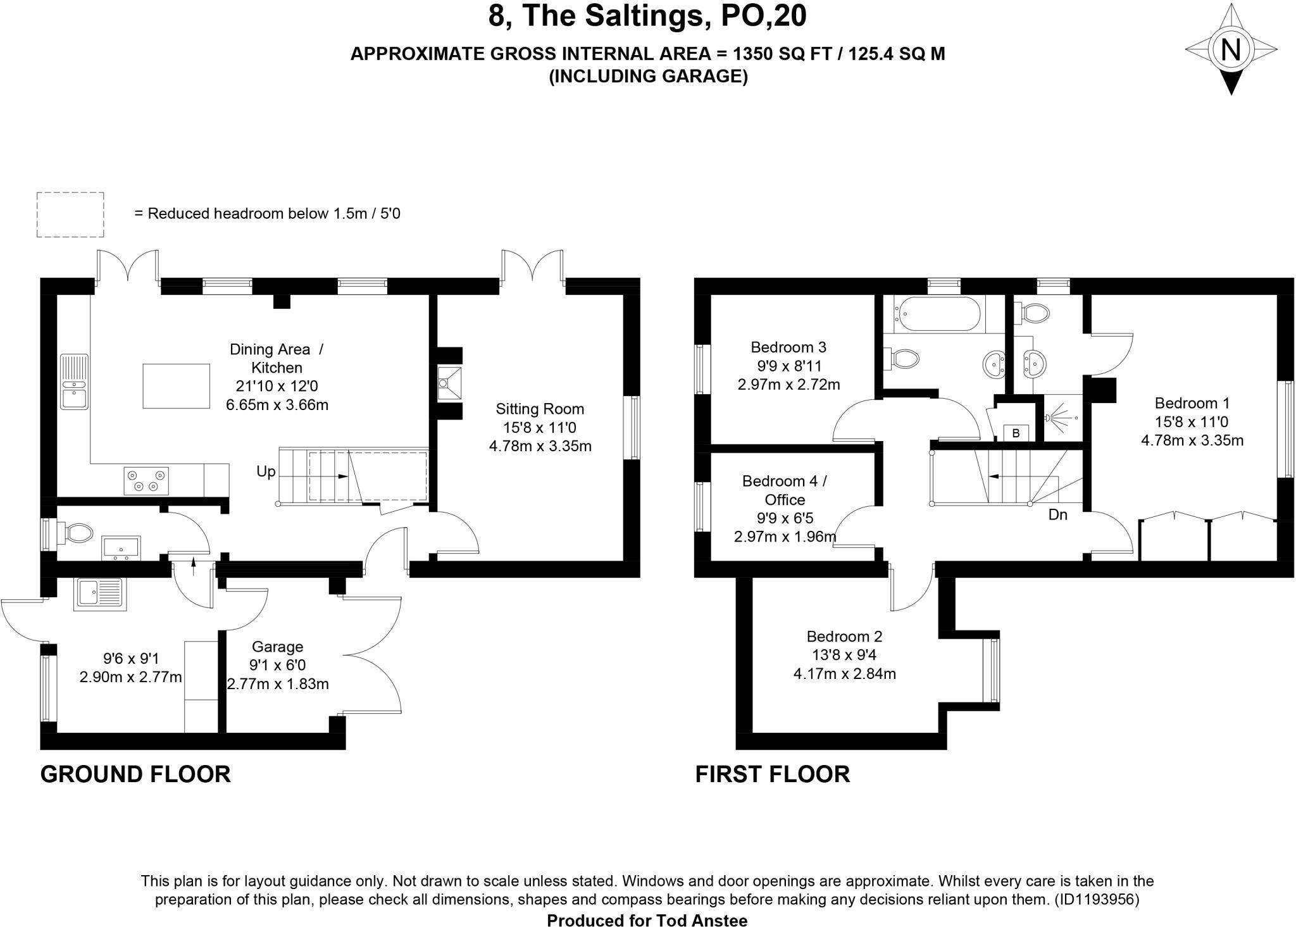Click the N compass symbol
(x=1230, y=49)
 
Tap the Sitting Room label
(x=540, y=409)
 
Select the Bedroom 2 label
(x=844, y=637)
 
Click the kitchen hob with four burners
(x=146, y=480)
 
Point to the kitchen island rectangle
(x=176, y=386)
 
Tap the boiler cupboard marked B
(x=1016, y=433)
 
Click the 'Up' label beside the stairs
(x=266, y=472)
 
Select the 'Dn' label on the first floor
(x=1057, y=515)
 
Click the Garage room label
(x=277, y=647)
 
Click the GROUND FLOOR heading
(x=135, y=775)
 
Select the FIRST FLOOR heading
(x=772, y=775)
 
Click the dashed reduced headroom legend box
(x=70, y=215)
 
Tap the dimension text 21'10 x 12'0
(x=278, y=386)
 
